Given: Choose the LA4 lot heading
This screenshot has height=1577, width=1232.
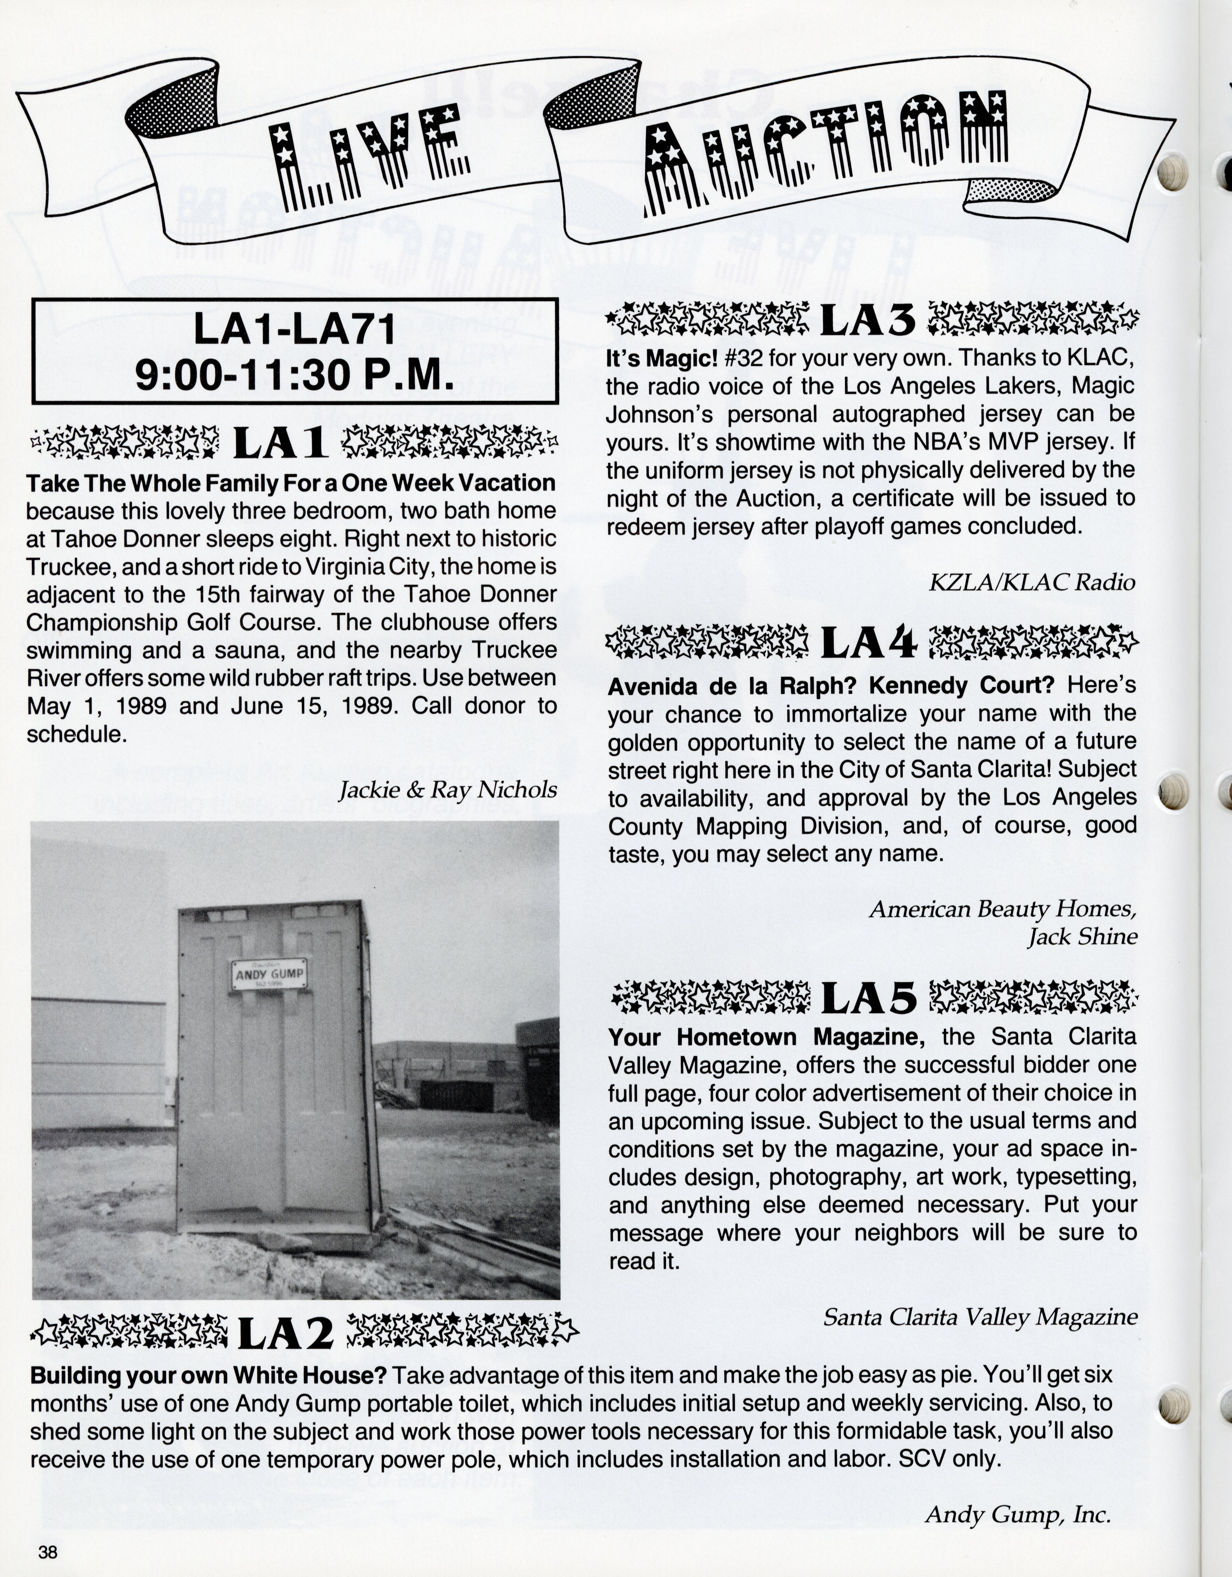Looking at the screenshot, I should (869, 641).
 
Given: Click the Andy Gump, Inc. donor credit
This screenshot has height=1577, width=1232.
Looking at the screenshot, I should (1017, 1514).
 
